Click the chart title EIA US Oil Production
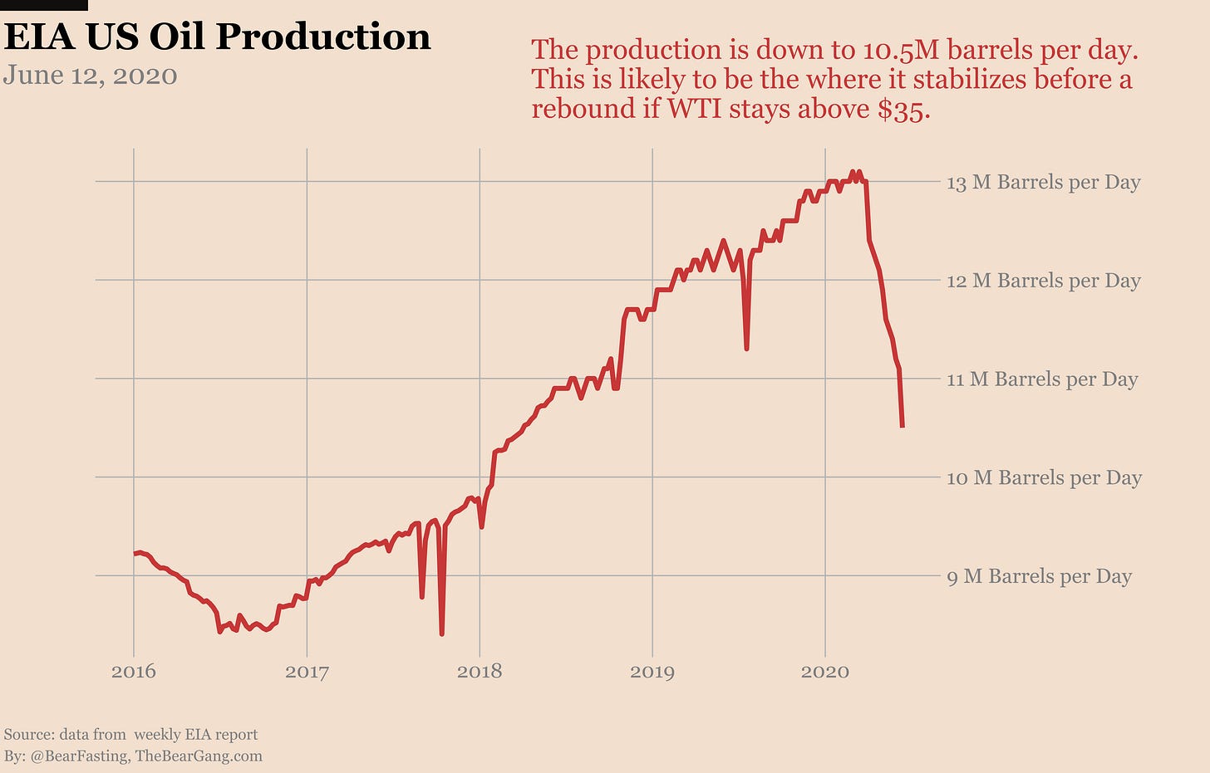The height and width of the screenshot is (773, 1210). pos(218,37)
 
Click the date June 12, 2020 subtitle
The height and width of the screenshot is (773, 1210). pos(91,76)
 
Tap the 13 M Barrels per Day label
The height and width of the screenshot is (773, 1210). pos(1043,182)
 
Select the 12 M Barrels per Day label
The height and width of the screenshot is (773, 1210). pos(1043,281)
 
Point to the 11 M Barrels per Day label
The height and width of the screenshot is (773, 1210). pos(1041,379)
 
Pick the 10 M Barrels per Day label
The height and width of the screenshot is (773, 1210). pos(1044,477)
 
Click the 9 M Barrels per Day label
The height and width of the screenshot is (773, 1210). pos(1039,576)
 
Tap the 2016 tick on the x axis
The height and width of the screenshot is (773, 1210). pos(134,671)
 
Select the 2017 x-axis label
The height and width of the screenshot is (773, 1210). pos(307,671)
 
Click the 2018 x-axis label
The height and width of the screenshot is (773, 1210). pos(480,671)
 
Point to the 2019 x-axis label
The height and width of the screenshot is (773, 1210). pos(652,671)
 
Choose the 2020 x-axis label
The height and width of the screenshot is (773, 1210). pos(825,671)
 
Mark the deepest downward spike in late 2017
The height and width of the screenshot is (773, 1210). pos(441,634)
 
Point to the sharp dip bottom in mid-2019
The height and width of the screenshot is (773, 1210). pos(747,349)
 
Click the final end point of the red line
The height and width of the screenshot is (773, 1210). pos(903,427)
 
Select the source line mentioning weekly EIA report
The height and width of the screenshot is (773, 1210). pos(131,734)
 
